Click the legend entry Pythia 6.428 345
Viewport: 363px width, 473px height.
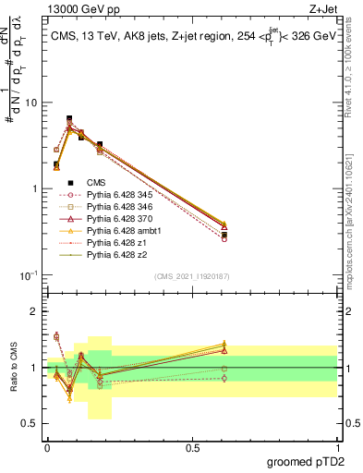[116, 195]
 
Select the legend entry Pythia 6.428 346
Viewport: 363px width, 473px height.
[116, 207]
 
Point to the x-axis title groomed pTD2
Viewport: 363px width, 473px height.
[308, 463]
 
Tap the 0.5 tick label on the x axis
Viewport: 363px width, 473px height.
[192, 447]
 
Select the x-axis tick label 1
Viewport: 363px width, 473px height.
[337, 447]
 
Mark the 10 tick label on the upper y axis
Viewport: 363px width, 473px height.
[31, 103]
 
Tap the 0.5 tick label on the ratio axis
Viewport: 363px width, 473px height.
[31, 424]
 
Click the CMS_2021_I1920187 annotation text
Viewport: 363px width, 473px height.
[191, 276]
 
